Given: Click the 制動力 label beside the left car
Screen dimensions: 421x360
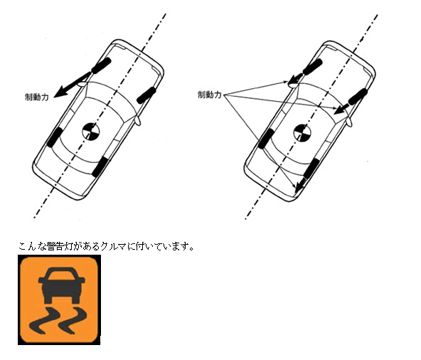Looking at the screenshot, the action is [x=37, y=97].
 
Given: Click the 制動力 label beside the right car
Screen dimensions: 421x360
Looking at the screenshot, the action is [x=210, y=95].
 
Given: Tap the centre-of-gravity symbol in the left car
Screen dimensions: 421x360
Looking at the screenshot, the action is [x=91, y=132].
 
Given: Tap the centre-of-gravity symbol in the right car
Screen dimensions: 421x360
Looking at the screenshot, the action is [x=303, y=133].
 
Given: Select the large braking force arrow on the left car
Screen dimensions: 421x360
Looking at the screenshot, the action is [x=73, y=85].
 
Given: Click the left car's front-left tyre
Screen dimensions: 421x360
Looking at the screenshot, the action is [x=101, y=65].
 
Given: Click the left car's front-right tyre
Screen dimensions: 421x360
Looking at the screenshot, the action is [x=146, y=95].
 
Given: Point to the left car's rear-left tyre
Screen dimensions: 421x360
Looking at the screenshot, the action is [x=55, y=137].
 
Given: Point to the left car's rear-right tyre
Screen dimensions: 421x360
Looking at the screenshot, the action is [x=100, y=167].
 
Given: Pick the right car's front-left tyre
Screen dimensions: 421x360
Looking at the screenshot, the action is [x=312, y=67].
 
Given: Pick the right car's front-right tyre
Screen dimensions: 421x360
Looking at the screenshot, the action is [x=358, y=97].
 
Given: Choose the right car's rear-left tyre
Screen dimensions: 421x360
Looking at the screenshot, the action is [x=266, y=139].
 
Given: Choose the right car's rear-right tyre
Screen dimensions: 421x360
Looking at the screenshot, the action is [x=311, y=169].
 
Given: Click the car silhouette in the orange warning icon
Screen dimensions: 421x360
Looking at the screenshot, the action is [x=61, y=285].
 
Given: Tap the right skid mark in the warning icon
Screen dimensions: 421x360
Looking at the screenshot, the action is [x=73, y=320].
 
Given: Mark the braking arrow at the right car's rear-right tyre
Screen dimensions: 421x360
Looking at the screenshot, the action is [x=302, y=185].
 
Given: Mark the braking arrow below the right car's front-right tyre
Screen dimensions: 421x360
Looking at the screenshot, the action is [x=342, y=109].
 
